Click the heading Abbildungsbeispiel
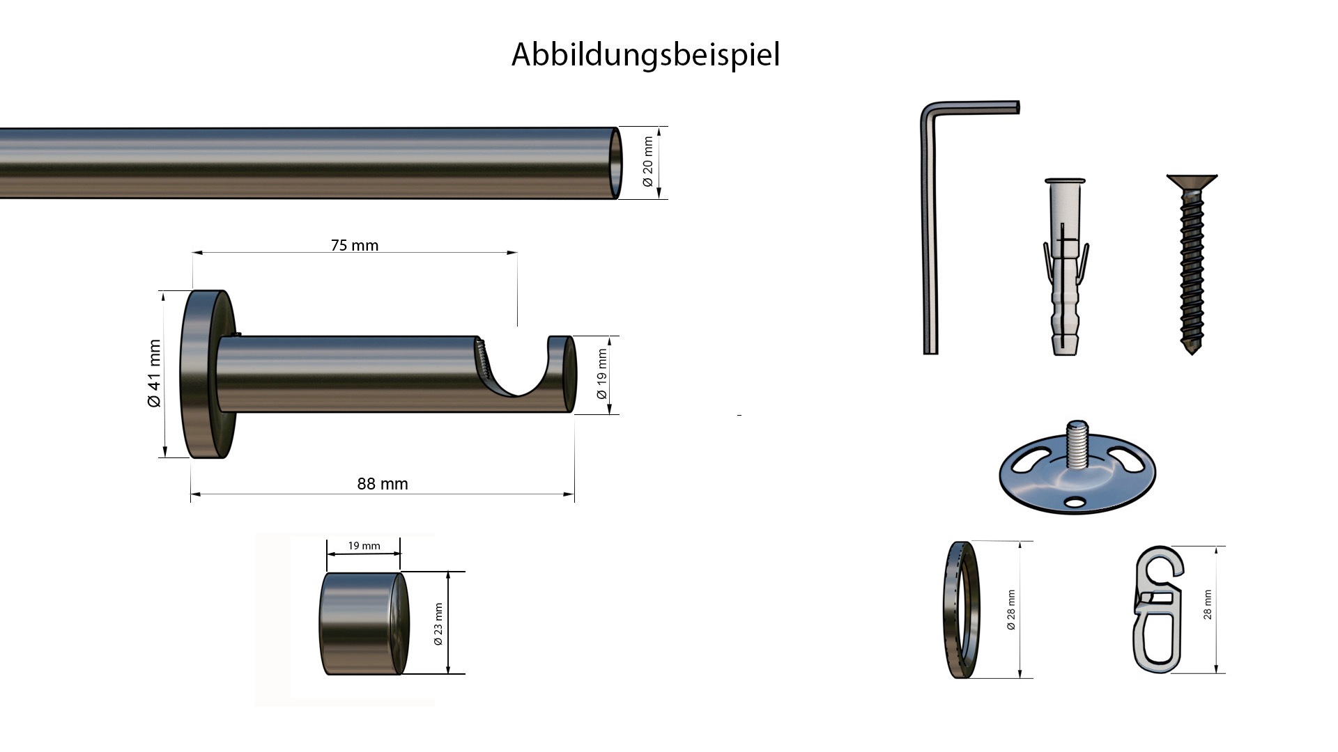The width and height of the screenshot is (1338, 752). [x=645, y=54]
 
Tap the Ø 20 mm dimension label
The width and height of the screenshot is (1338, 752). [x=649, y=162]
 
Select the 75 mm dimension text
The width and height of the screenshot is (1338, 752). [x=354, y=245]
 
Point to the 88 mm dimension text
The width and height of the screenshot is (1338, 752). [x=382, y=484]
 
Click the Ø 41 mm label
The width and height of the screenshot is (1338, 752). [x=154, y=373]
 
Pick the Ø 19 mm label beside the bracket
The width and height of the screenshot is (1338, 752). [x=602, y=375]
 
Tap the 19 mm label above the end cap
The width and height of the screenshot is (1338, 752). [x=364, y=545]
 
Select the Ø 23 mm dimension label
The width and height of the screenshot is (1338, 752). [x=438, y=623]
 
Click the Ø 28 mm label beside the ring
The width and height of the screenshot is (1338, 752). [x=1011, y=610]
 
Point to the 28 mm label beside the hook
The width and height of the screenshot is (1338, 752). [x=1208, y=604]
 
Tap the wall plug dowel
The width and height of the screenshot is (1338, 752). [x=1064, y=272]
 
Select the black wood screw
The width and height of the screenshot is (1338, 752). [x=1192, y=265]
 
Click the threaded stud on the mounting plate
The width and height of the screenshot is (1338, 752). [x=1077, y=446]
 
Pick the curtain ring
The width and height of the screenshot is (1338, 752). [x=962, y=610]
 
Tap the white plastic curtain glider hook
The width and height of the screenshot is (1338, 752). [x=1157, y=609]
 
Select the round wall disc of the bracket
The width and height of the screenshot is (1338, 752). [x=206, y=374]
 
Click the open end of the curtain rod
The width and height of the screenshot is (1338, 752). [x=616, y=163]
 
